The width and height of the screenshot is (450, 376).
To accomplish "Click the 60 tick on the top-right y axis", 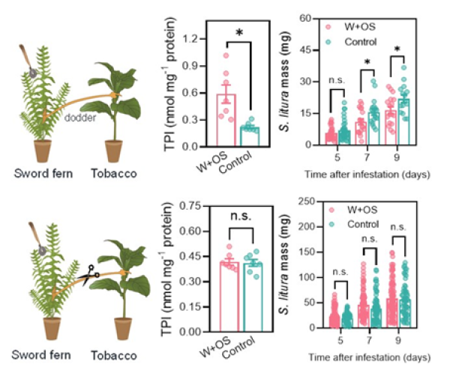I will (x=307, y=19).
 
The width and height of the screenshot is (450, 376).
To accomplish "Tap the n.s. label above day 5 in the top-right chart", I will (x=337, y=79).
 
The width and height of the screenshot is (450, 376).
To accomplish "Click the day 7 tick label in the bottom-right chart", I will (x=367, y=338).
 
